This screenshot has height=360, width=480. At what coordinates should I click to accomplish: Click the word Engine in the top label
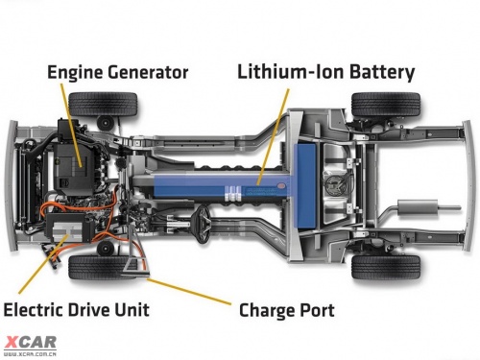tap(75, 72)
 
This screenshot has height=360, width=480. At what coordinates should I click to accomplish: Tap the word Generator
tap(148, 72)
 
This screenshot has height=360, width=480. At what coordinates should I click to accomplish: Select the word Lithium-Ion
tap(290, 72)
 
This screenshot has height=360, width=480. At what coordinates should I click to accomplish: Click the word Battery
tap(382, 72)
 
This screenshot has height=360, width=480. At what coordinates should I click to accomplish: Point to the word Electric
tap(34, 310)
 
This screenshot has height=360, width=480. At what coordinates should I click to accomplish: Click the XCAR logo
tap(31, 346)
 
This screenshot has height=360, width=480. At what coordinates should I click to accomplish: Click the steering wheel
tap(202, 224)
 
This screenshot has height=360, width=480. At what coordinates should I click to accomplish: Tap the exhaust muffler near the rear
tap(418, 207)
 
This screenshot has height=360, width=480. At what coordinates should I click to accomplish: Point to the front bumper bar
tap(11, 185)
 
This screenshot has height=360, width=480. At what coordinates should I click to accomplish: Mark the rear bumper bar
tap(469, 185)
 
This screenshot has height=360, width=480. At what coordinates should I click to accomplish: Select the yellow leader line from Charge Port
tap(189, 291)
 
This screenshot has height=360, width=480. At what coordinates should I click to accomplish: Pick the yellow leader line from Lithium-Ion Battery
tap(273, 137)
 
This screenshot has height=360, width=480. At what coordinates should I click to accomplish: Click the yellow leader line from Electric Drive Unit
tap(43, 264)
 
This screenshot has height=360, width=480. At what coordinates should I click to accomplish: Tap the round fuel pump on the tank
tap(334, 184)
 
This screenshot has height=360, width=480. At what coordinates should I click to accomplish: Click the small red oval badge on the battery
tap(280, 185)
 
